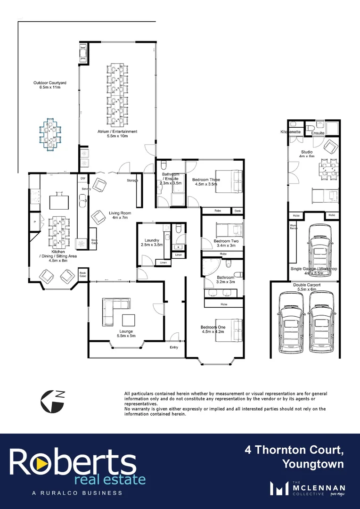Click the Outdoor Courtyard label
pyautogui.click(x=49, y=85)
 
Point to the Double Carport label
pyautogui.click(x=304, y=285)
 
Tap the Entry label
pyautogui.click(x=174, y=347)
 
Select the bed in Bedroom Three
pyautogui.click(x=229, y=180)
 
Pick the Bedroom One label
pyautogui.click(x=213, y=329)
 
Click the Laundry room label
pyautogui.click(x=152, y=243)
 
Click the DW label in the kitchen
pyautogui.click(x=82, y=178)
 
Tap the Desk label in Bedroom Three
pyautogui.click(x=237, y=211)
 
